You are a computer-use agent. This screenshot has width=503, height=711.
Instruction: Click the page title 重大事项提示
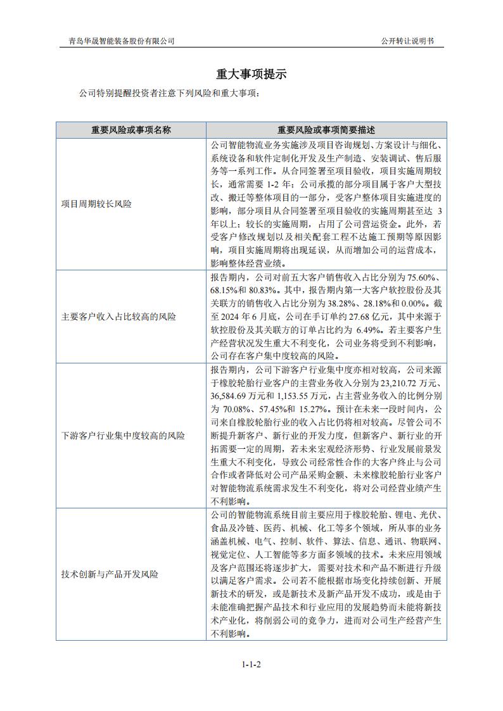coord(251,74)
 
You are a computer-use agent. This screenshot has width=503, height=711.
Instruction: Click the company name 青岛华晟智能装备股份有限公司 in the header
coord(122,41)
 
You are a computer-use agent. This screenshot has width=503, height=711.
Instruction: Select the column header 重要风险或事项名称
coord(131,130)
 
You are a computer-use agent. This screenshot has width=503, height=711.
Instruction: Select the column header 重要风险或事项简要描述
coord(326,130)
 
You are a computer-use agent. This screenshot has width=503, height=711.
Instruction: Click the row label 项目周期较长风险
coord(97,204)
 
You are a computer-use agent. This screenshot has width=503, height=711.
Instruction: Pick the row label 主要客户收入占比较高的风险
coord(118,317)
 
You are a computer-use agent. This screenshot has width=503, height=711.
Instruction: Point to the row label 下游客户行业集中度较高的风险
coord(123,436)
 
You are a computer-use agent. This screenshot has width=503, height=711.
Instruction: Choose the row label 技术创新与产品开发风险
coord(110,574)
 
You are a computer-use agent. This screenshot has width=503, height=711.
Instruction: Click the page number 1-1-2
coord(251,665)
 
